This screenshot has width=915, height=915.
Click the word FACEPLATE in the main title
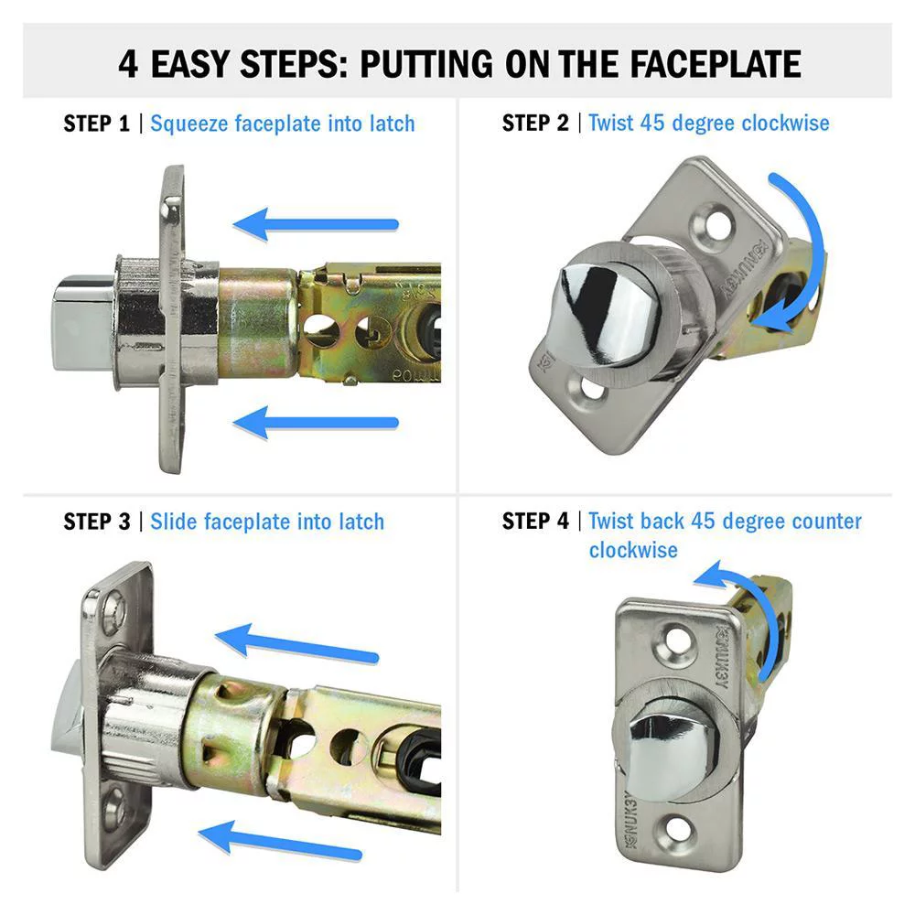pyautogui.click(x=716, y=64)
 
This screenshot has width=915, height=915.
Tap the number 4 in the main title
pyautogui.click(x=128, y=64)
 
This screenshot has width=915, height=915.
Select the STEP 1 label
pyautogui.click(x=97, y=124)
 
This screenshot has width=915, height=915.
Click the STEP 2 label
pyautogui.click(x=535, y=124)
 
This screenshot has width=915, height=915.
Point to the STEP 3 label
pyautogui.click(x=97, y=522)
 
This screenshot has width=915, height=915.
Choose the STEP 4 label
pyautogui.click(x=535, y=522)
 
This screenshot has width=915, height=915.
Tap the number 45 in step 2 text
pyautogui.click(x=651, y=124)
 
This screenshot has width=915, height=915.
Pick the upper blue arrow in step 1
pyautogui.click(x=316, y=224)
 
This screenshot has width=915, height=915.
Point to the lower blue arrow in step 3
pyautogui.click(x=281, y=841)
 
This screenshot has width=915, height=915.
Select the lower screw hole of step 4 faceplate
pyautogui.click(x=677, y=829)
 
